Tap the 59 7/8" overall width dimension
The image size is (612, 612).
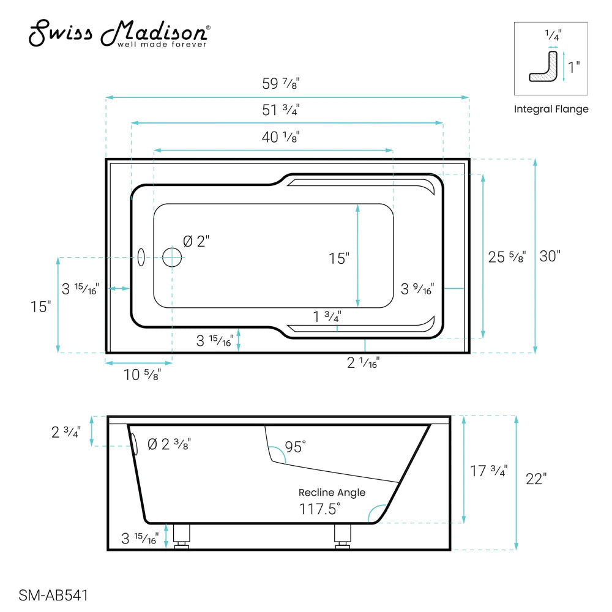(280, 85)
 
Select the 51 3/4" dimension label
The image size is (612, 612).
(280, 111)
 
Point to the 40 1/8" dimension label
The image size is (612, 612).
(280, 137)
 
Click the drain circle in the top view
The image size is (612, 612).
(173, 258)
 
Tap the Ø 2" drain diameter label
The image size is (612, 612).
(197, 241)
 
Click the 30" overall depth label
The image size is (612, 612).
(550, 256)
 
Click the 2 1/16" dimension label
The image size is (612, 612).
(364, 362)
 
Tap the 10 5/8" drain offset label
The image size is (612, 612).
(142, 375)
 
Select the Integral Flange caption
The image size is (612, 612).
(551, 110)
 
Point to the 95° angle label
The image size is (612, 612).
(294, 447)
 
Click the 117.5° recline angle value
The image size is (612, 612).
(319, 508)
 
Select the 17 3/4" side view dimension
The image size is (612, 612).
(488, 471)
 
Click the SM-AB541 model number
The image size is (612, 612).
(54, 595)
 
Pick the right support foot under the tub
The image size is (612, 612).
(343, 536)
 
